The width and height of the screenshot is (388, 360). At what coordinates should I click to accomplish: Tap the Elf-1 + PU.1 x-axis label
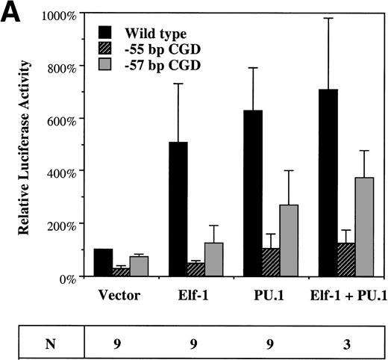point(346,294)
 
